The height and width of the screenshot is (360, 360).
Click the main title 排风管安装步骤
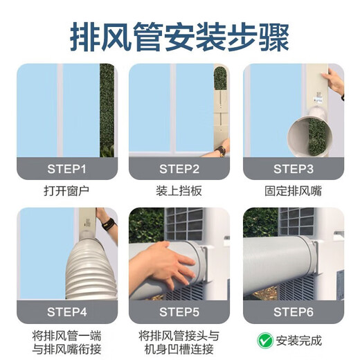tap(179, 35)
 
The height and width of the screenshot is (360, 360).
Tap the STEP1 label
tap(67, 168)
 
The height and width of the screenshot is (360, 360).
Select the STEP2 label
tap(179, 168)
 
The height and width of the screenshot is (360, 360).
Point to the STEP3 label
tap(293, 168)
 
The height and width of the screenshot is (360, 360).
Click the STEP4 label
tap(67, 312)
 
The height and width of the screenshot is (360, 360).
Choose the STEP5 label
tap(179, 312)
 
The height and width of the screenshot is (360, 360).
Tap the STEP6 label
tap(293, 312)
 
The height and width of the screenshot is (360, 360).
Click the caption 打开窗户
tap(67, 191)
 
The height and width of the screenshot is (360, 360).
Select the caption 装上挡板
tap(179, 191)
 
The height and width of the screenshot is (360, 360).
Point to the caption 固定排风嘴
tap(293, 191)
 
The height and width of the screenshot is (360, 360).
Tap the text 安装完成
tap(300, 340)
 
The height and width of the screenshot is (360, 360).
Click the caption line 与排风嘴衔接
tap(67, 348)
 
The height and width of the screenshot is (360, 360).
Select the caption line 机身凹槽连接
tap(179, 348)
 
